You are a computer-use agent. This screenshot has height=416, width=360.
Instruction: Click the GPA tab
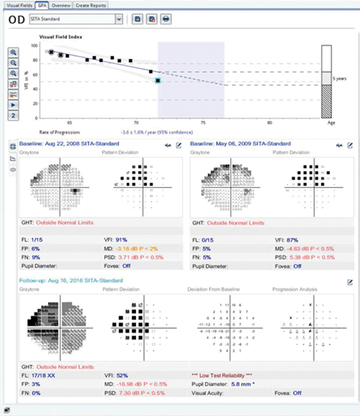click(x=42, y=5)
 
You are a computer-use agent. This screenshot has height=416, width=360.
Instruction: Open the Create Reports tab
click(x=91, y=5)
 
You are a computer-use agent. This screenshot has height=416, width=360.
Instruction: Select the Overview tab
click(x=61, y=5)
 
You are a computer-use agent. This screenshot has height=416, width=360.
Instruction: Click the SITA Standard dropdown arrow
click(x=119, y=19)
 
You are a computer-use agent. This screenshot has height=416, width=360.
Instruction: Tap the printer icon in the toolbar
click(x=166, y=19)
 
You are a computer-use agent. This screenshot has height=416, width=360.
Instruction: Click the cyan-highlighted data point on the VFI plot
click(x=158, y=81)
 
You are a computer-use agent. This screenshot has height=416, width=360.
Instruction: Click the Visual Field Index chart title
click(x=61, y=37)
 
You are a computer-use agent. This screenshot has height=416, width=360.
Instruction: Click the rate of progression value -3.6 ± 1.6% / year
click(x=142, y=132)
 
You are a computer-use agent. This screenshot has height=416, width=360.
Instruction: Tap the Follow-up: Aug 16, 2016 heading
click(x=71, y=281)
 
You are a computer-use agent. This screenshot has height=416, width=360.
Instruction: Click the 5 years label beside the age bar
click(x=339, y=79)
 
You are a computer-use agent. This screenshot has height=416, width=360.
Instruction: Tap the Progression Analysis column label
click(x=295, y=290)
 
